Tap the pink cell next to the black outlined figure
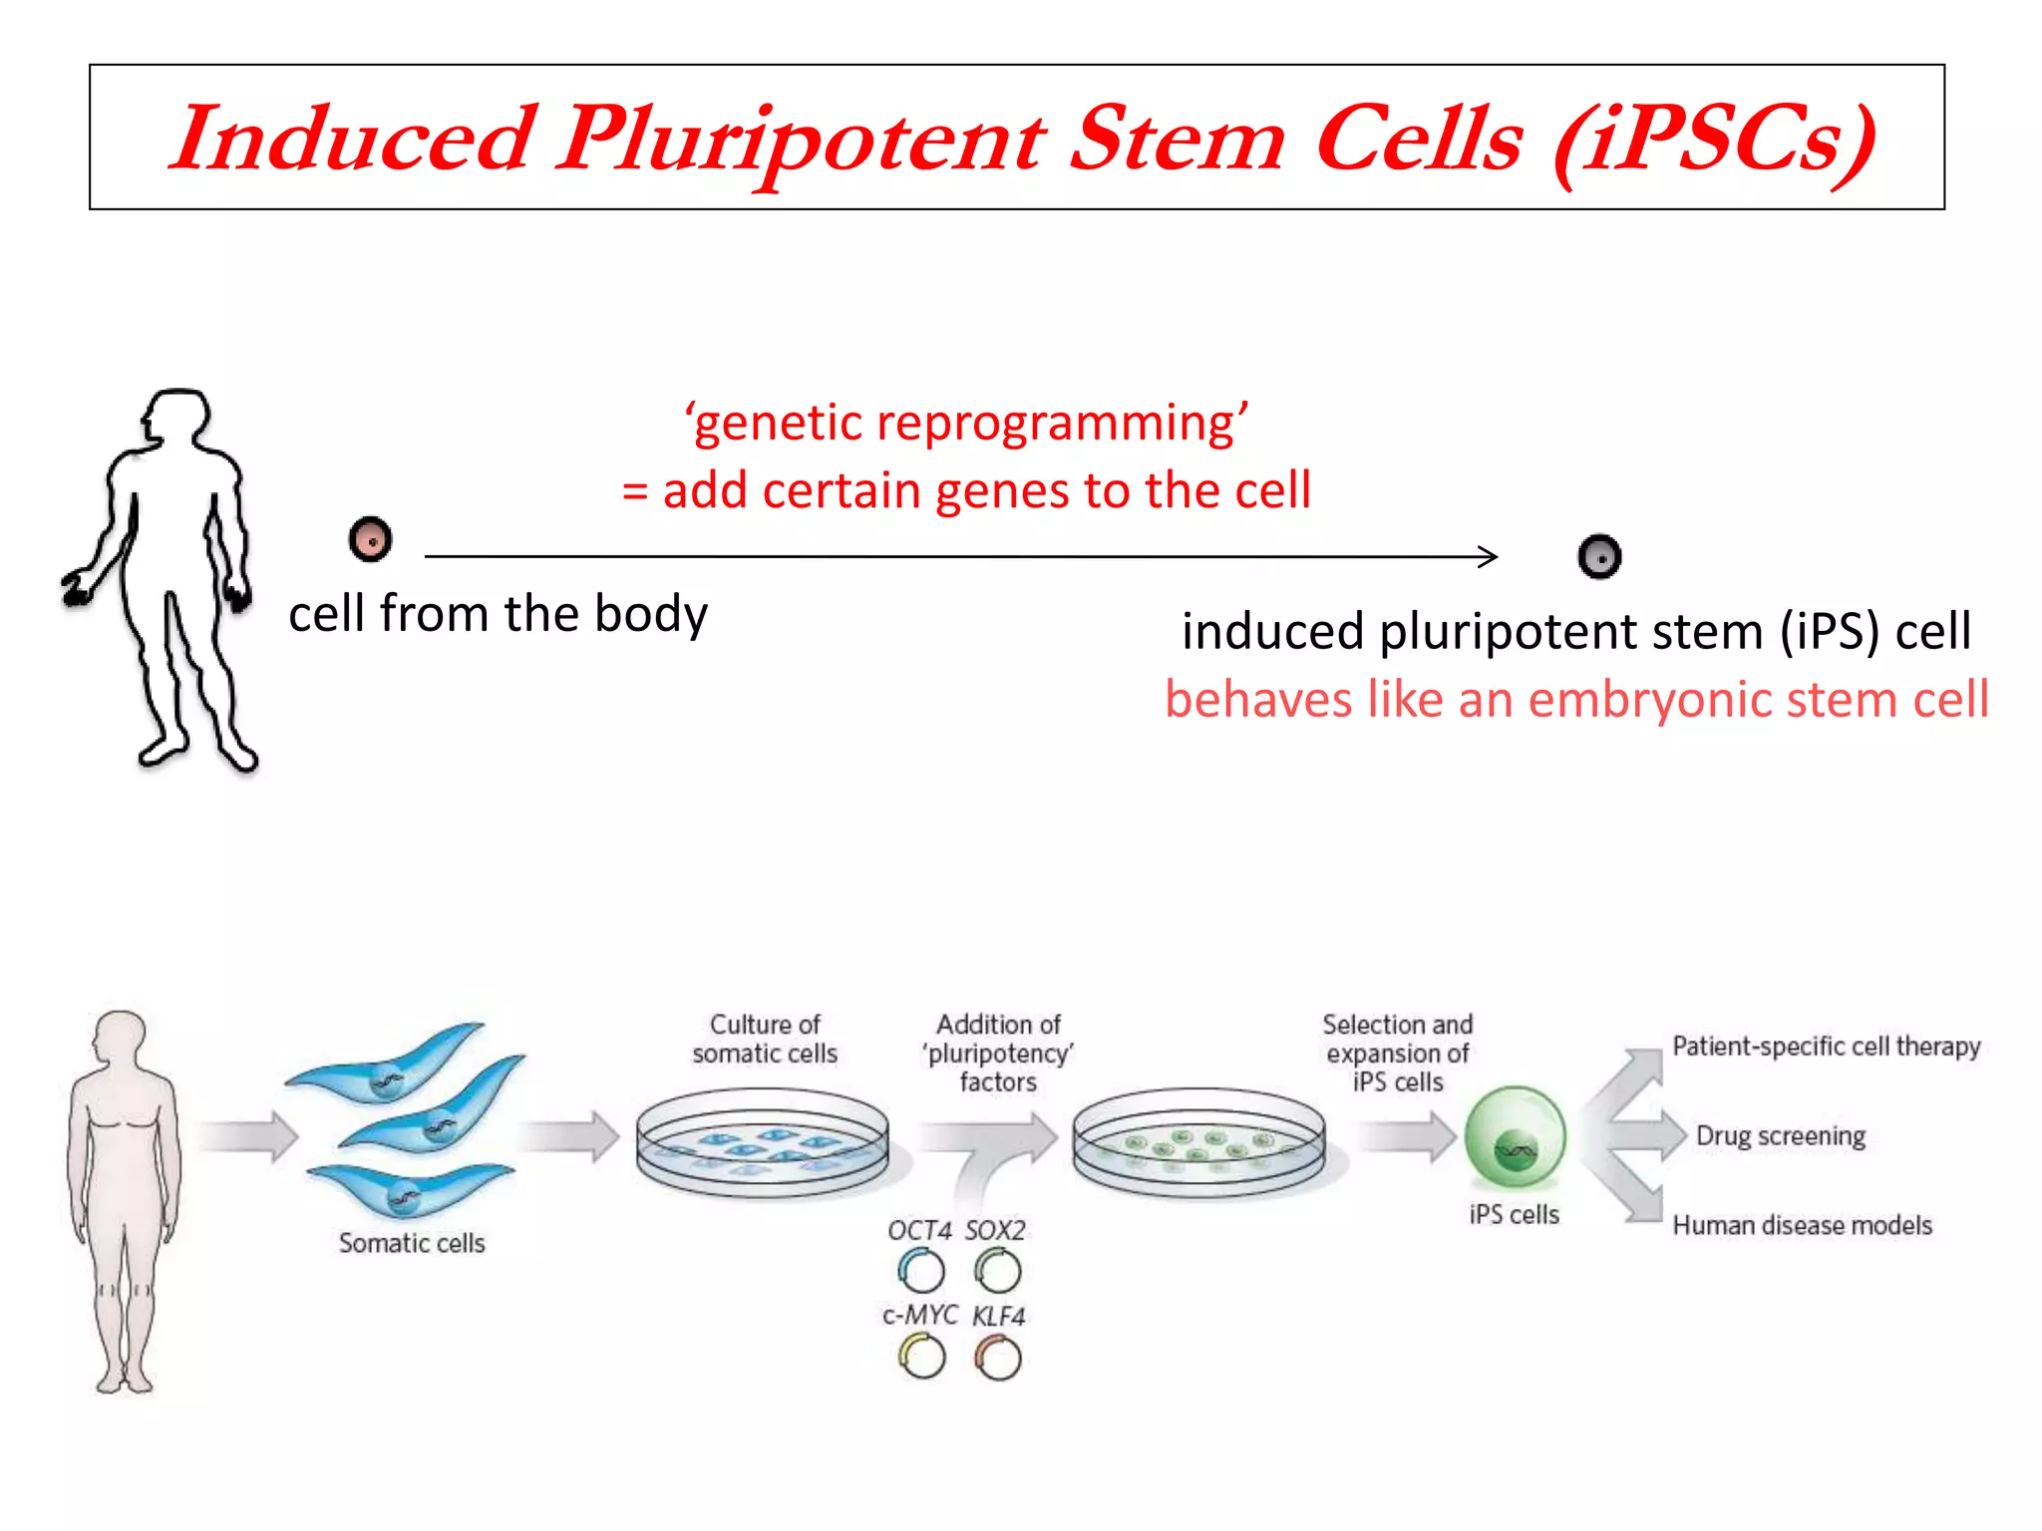pos(371,540)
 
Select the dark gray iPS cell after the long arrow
pos(1599,556)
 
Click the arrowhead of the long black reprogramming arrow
pos(1490,556)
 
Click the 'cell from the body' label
pos(498,613)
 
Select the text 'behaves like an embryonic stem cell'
pos(1576,699)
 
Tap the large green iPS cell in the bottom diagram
pos(1515,1138)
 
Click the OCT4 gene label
pos(919,1231)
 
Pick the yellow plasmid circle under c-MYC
pos(921,1357)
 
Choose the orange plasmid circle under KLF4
pos(998,1358)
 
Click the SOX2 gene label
pos(995,1231)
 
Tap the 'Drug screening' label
pos(1780,1136)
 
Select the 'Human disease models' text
pos(1802,1225)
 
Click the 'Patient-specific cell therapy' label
pos(1826,1047)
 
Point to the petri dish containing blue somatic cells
pos(763,1144)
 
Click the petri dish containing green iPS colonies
pos(1198,1144)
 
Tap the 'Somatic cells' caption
pos(412,1243)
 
